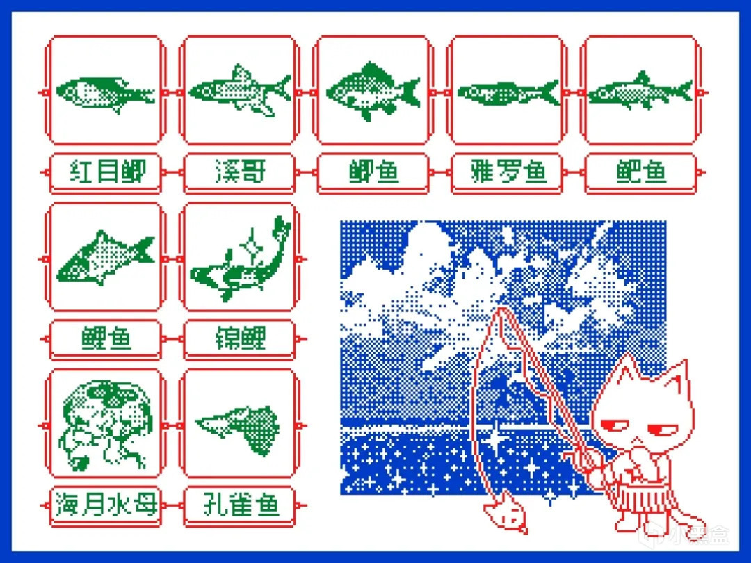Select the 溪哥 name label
coord(240,172)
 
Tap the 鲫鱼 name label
coord(373,172)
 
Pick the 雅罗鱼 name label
coord(508,172)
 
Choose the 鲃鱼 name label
coord(641,172)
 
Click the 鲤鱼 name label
coord(106,338)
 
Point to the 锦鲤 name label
coord(240,338)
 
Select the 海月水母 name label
coord(106,505)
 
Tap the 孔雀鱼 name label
coord(240,505)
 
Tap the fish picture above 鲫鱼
coord(373,91)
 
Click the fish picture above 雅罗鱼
coord(508,92)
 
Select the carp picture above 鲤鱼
coord(106,259)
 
